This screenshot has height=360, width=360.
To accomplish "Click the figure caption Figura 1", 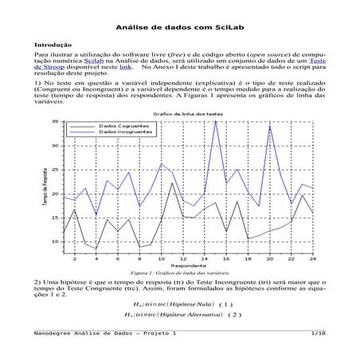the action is (179, 272).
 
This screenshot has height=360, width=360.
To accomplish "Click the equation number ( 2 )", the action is (234, 315).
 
